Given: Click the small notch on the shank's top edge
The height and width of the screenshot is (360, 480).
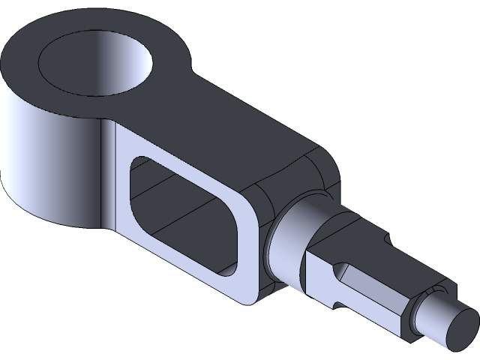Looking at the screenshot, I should pyautogui.click(x=388, y=238).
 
